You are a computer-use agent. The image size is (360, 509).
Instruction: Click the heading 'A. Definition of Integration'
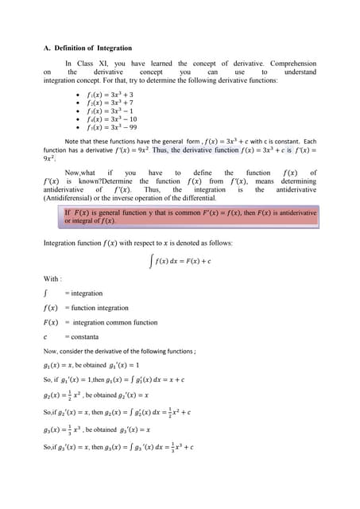[87, 49]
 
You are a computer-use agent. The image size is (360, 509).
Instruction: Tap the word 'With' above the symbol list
[51, 278]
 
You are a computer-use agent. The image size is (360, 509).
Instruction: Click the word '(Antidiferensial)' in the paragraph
[73, 196]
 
